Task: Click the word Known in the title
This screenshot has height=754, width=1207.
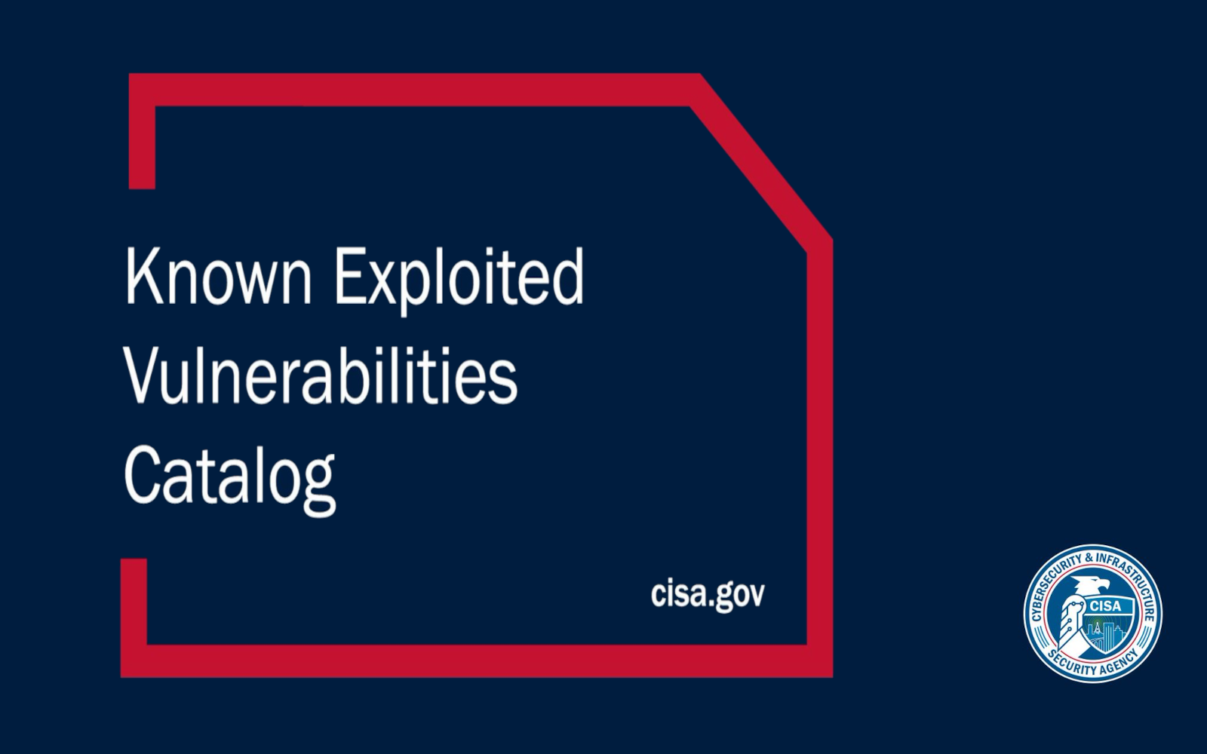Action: tap(219, 276)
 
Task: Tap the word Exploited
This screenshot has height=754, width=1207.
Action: tap(459, 280)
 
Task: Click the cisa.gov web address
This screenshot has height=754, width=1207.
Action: tap(708, 595)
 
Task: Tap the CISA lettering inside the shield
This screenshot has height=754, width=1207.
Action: tap(1105, 606)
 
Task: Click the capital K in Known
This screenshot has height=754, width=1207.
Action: tap(142, 275)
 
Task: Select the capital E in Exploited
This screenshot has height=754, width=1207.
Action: tap(350, 275)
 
